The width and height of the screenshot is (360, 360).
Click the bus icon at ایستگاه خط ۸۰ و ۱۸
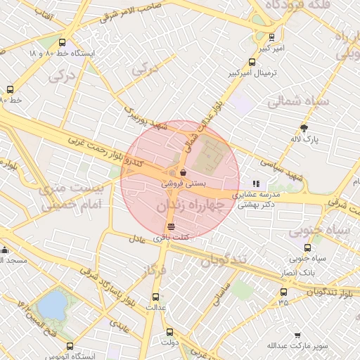63,42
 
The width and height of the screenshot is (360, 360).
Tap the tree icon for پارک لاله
304,128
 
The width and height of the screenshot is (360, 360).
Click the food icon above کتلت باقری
171,226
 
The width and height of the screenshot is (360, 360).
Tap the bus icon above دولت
169,332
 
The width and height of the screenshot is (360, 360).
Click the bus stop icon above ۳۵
283,292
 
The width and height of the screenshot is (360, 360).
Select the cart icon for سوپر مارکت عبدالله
298,335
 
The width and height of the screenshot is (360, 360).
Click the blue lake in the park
52,304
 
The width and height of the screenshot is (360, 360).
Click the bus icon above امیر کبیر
272,37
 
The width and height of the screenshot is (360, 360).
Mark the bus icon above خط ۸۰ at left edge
10,89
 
